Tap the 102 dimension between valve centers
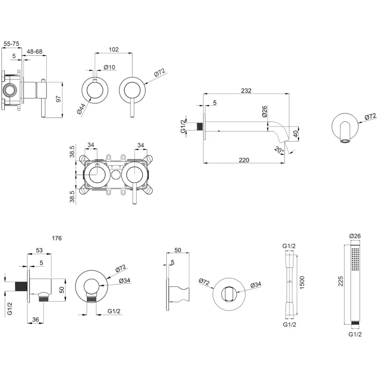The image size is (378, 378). tap(113, 49)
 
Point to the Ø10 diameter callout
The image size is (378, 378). tap(110, 67)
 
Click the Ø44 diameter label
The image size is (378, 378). tap(81, 108)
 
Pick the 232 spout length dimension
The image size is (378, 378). tap(246, 90)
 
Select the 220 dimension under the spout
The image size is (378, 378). tap(243, 160)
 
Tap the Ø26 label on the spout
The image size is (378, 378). tap(264, 112)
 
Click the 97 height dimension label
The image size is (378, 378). tap(59, 99)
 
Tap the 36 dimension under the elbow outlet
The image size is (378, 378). tap(35, 320)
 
